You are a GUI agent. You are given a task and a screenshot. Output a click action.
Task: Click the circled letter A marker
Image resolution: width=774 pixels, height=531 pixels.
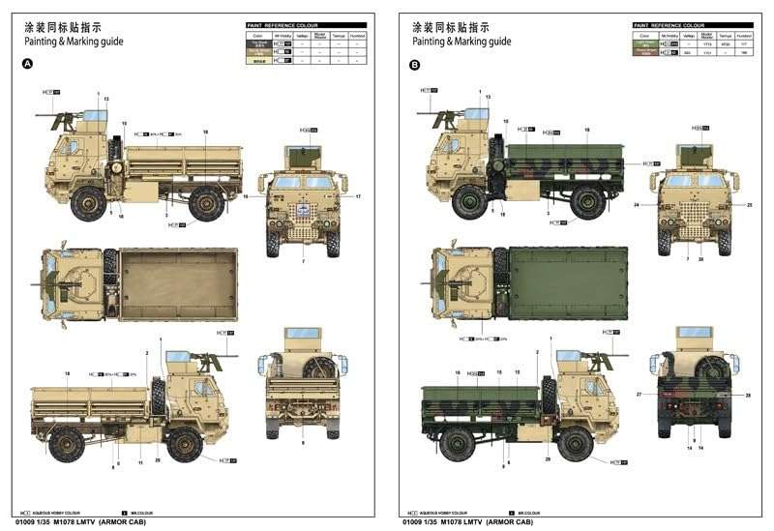(x=26, y=65)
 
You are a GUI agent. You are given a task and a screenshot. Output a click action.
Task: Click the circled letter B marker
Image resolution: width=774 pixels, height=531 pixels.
(x=415, y=65)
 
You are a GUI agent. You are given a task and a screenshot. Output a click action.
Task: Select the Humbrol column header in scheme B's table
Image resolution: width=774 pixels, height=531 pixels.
(x=743, y=35)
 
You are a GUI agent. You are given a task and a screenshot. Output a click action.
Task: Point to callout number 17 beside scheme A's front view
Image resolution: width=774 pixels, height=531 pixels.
(x=357, y=197)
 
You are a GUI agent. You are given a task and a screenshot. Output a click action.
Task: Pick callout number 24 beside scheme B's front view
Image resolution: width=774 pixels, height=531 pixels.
(x=637, y=206)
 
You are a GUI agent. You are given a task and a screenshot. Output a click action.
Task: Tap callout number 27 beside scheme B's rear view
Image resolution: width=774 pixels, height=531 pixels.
(x=639, y=395)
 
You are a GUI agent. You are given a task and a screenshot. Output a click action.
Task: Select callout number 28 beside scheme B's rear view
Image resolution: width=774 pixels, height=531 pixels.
(x=748, y=395)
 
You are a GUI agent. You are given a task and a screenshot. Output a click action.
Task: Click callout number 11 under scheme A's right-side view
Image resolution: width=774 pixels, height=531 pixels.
(x=140, y=463)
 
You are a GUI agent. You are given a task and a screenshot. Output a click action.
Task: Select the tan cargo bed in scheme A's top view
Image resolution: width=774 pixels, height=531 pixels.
(x=179, y=283)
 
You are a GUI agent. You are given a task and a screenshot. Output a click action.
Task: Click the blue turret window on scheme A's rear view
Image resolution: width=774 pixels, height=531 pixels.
(x=303, y=334)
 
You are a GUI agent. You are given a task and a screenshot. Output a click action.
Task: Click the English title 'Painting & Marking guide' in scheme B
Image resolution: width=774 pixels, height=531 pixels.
(x=461, y=42)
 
